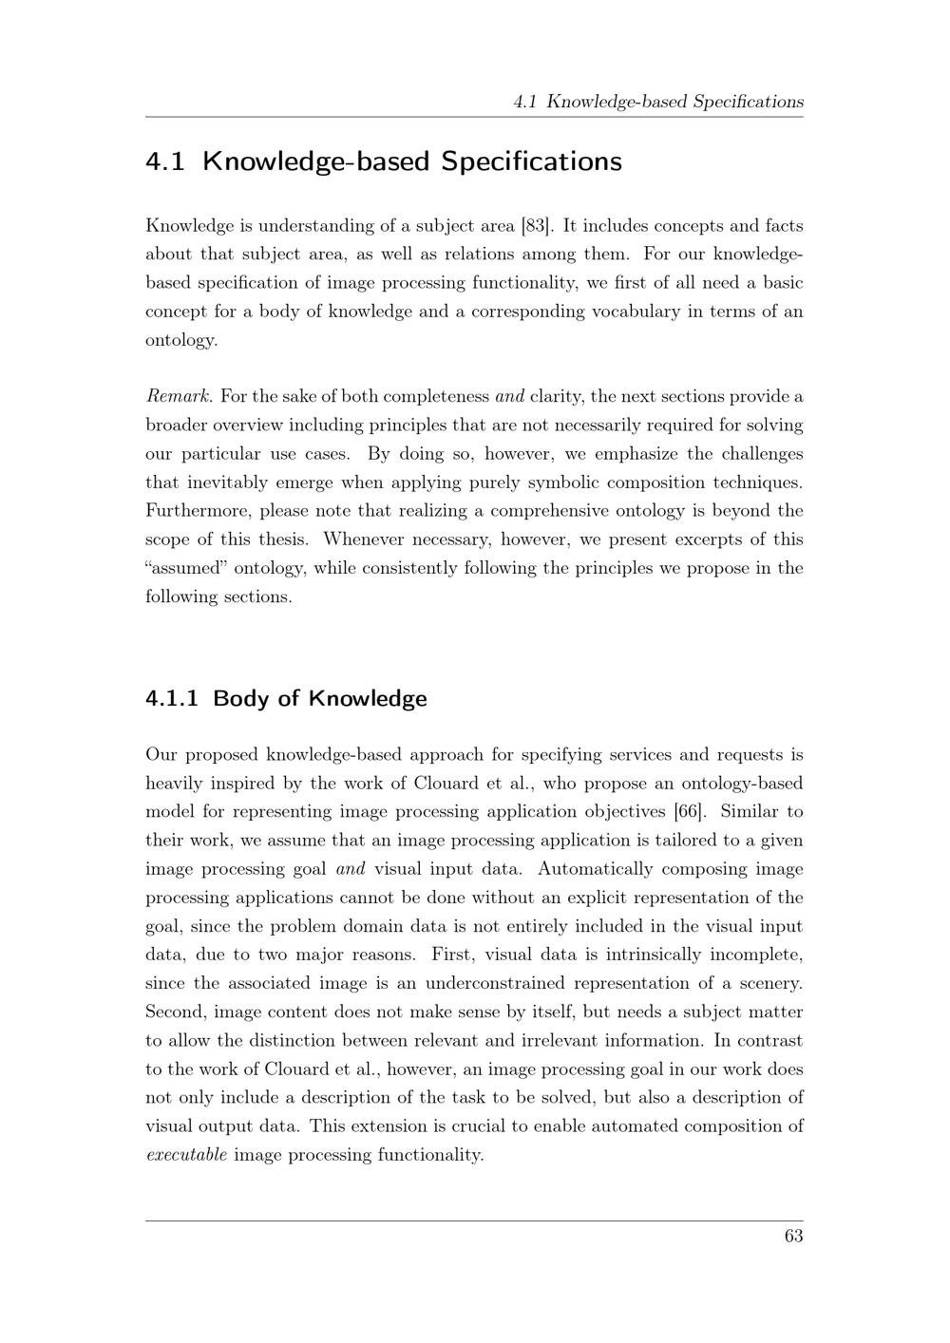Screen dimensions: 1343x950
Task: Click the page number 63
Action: [793, 1236]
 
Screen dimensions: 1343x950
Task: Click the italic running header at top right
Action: [657, 102]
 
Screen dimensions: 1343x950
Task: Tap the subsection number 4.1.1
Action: [172, 699]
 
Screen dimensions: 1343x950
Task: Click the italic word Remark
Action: [180, 397]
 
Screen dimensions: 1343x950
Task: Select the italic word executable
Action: [186, 1155]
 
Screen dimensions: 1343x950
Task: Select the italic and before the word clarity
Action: [509, 397]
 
